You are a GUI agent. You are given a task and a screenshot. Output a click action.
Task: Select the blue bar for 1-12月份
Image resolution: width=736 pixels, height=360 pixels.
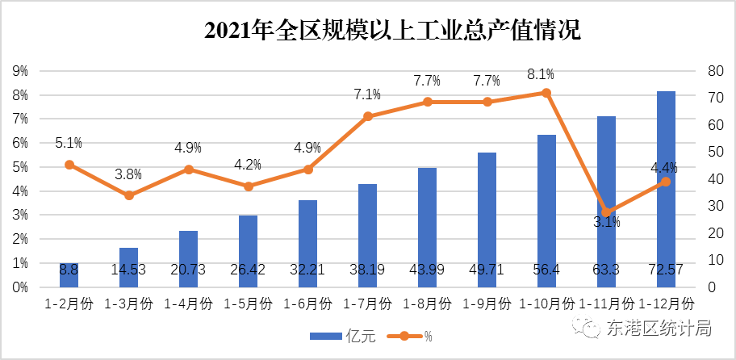pos(666,186)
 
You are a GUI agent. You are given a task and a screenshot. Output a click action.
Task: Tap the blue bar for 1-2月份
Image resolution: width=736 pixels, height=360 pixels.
pos(69,274)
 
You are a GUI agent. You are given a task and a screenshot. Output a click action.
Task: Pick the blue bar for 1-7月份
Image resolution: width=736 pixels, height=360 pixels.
pos(367,234)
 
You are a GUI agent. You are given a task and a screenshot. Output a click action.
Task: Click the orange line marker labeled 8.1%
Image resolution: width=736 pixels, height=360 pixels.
pos(546,93)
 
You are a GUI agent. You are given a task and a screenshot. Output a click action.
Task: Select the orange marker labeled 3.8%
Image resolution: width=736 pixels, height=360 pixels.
pos(128,195)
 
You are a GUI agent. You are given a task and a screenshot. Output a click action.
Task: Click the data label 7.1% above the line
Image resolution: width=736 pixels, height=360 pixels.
pos(367,94)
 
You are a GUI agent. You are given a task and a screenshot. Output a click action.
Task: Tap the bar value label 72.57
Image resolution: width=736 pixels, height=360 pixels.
pos(666,270)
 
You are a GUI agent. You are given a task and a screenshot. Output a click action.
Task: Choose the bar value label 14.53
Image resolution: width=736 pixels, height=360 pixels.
pos(128,270)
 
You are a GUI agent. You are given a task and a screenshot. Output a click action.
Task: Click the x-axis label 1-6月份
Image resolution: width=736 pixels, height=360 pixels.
pos(307,304)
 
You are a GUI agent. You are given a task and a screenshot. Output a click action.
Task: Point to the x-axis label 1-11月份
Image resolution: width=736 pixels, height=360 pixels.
pos(606,304)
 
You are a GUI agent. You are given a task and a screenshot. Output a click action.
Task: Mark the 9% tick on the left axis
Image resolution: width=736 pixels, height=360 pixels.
pos(20,71)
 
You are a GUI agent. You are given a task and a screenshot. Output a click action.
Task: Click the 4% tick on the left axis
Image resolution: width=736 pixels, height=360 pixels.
pos(20,191)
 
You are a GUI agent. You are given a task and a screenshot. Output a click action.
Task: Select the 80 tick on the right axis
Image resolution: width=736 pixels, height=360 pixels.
pos(715,71)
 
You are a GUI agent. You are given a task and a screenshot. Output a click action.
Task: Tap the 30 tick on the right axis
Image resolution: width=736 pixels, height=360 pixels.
pos(715,206)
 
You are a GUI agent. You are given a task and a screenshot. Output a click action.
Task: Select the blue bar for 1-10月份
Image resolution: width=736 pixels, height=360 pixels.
pos(546,210)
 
